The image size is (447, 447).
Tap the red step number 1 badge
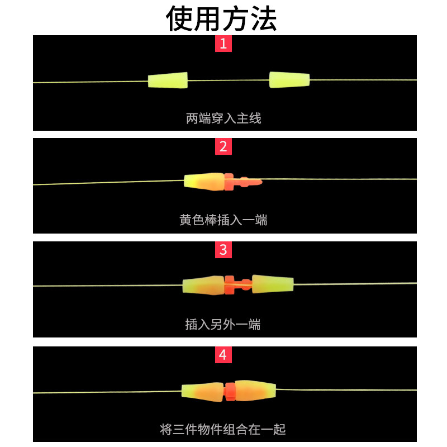[223, 44]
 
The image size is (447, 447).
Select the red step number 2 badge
[223, 147]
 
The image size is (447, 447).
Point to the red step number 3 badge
[223, 250]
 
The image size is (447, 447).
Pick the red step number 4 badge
[223, 355]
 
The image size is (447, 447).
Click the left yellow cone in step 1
[168, 80]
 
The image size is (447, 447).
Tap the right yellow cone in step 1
[289, 80]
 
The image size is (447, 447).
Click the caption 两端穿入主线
[223, 118]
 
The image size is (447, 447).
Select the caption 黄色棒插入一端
[223, 220]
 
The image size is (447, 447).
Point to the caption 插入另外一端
[223, 324]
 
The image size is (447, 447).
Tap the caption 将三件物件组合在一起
[223, 429]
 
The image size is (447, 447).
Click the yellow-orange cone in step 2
[204, 180]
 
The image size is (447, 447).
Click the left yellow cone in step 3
[203, 285]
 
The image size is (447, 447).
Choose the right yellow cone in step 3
[273, 284]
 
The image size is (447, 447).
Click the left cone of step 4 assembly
[202, 391]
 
